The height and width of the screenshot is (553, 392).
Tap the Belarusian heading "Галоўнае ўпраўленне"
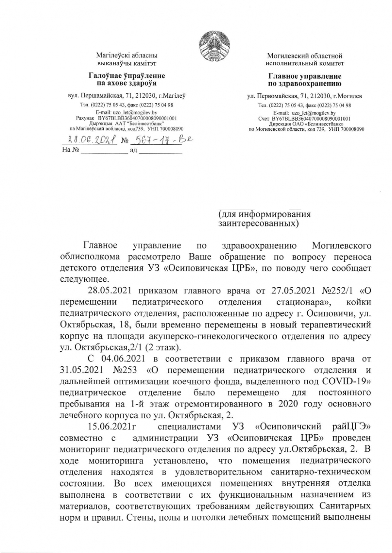point(126,76)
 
